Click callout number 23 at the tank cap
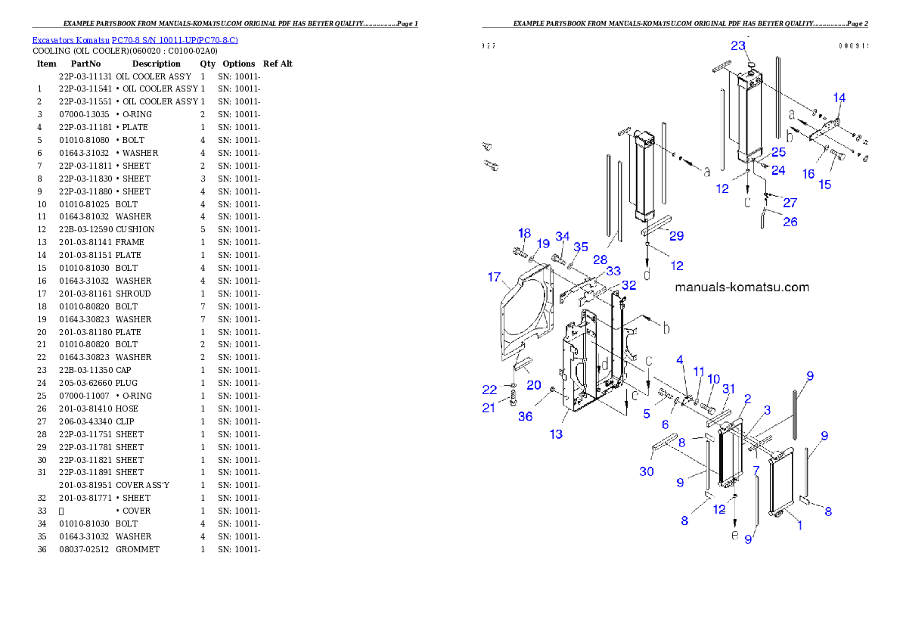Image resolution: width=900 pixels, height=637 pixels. [737, 45]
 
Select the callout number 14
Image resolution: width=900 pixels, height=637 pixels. [839, 98]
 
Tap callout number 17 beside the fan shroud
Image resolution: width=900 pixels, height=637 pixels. [494, 278]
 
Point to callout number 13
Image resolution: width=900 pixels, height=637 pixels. [556, 434]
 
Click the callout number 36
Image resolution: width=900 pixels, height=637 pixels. [525, 416]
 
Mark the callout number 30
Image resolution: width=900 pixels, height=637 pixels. [646, 471]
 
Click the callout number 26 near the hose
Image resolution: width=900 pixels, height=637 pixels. [790, 222]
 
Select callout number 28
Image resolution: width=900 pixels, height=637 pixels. [600, 259]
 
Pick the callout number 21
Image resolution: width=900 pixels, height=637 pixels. [489, 409]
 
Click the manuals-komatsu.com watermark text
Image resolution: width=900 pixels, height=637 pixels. [741, 287]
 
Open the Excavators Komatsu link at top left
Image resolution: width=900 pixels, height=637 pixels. [135, 39]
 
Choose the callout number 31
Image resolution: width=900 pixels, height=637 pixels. [728, 389]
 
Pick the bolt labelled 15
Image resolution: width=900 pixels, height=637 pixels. [835, 157]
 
